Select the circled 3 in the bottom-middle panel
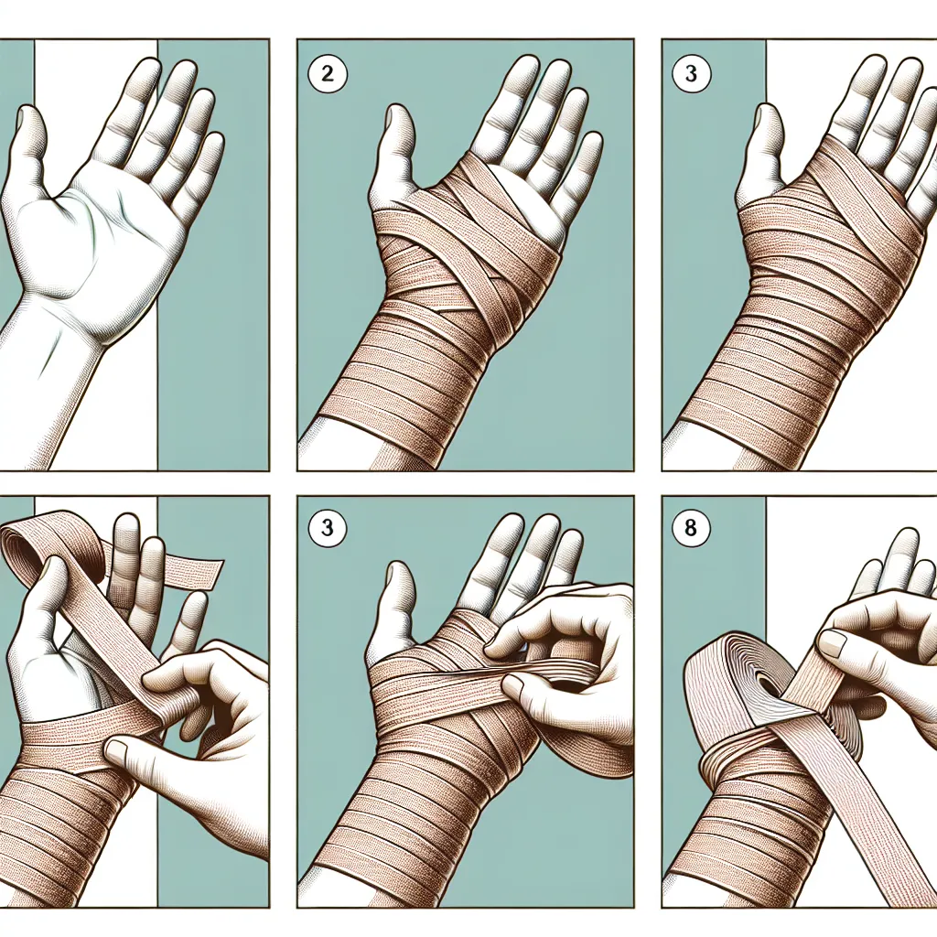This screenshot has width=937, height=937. [x=328, y=528]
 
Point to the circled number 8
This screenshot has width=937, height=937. [x=691, y=528]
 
